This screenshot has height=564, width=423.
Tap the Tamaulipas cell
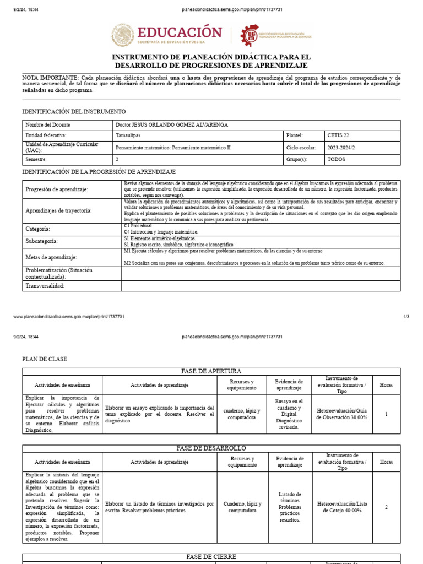click(x=128, y=135)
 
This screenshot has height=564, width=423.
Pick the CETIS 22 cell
click(x=338, y=135)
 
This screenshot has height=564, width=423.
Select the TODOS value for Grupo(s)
click(x=336, y=159)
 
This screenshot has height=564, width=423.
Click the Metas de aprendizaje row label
click(x=51, y=257)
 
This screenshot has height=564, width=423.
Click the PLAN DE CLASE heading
click(x=45, y=359)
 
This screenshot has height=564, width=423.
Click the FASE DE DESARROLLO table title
click(x=211, y=448)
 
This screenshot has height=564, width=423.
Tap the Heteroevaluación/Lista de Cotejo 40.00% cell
click(x=342, y=507)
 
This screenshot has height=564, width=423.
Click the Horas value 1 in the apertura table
click(x=386, y=414)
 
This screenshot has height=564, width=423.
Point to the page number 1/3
click(x=406, y=317)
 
